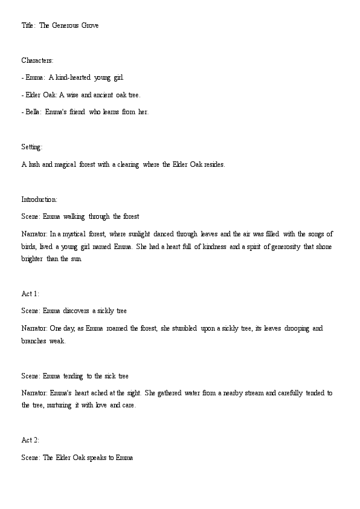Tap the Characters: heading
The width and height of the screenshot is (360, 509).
(x=37, y=60)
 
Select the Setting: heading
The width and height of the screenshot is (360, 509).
(x=32, y=147)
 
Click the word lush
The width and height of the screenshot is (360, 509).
(x=33, y=164)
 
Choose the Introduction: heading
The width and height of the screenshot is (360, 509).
(x=39, y=199)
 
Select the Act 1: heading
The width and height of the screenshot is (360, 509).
(x=30, y=294)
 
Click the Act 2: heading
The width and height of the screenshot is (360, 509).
(x=30, y=440)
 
